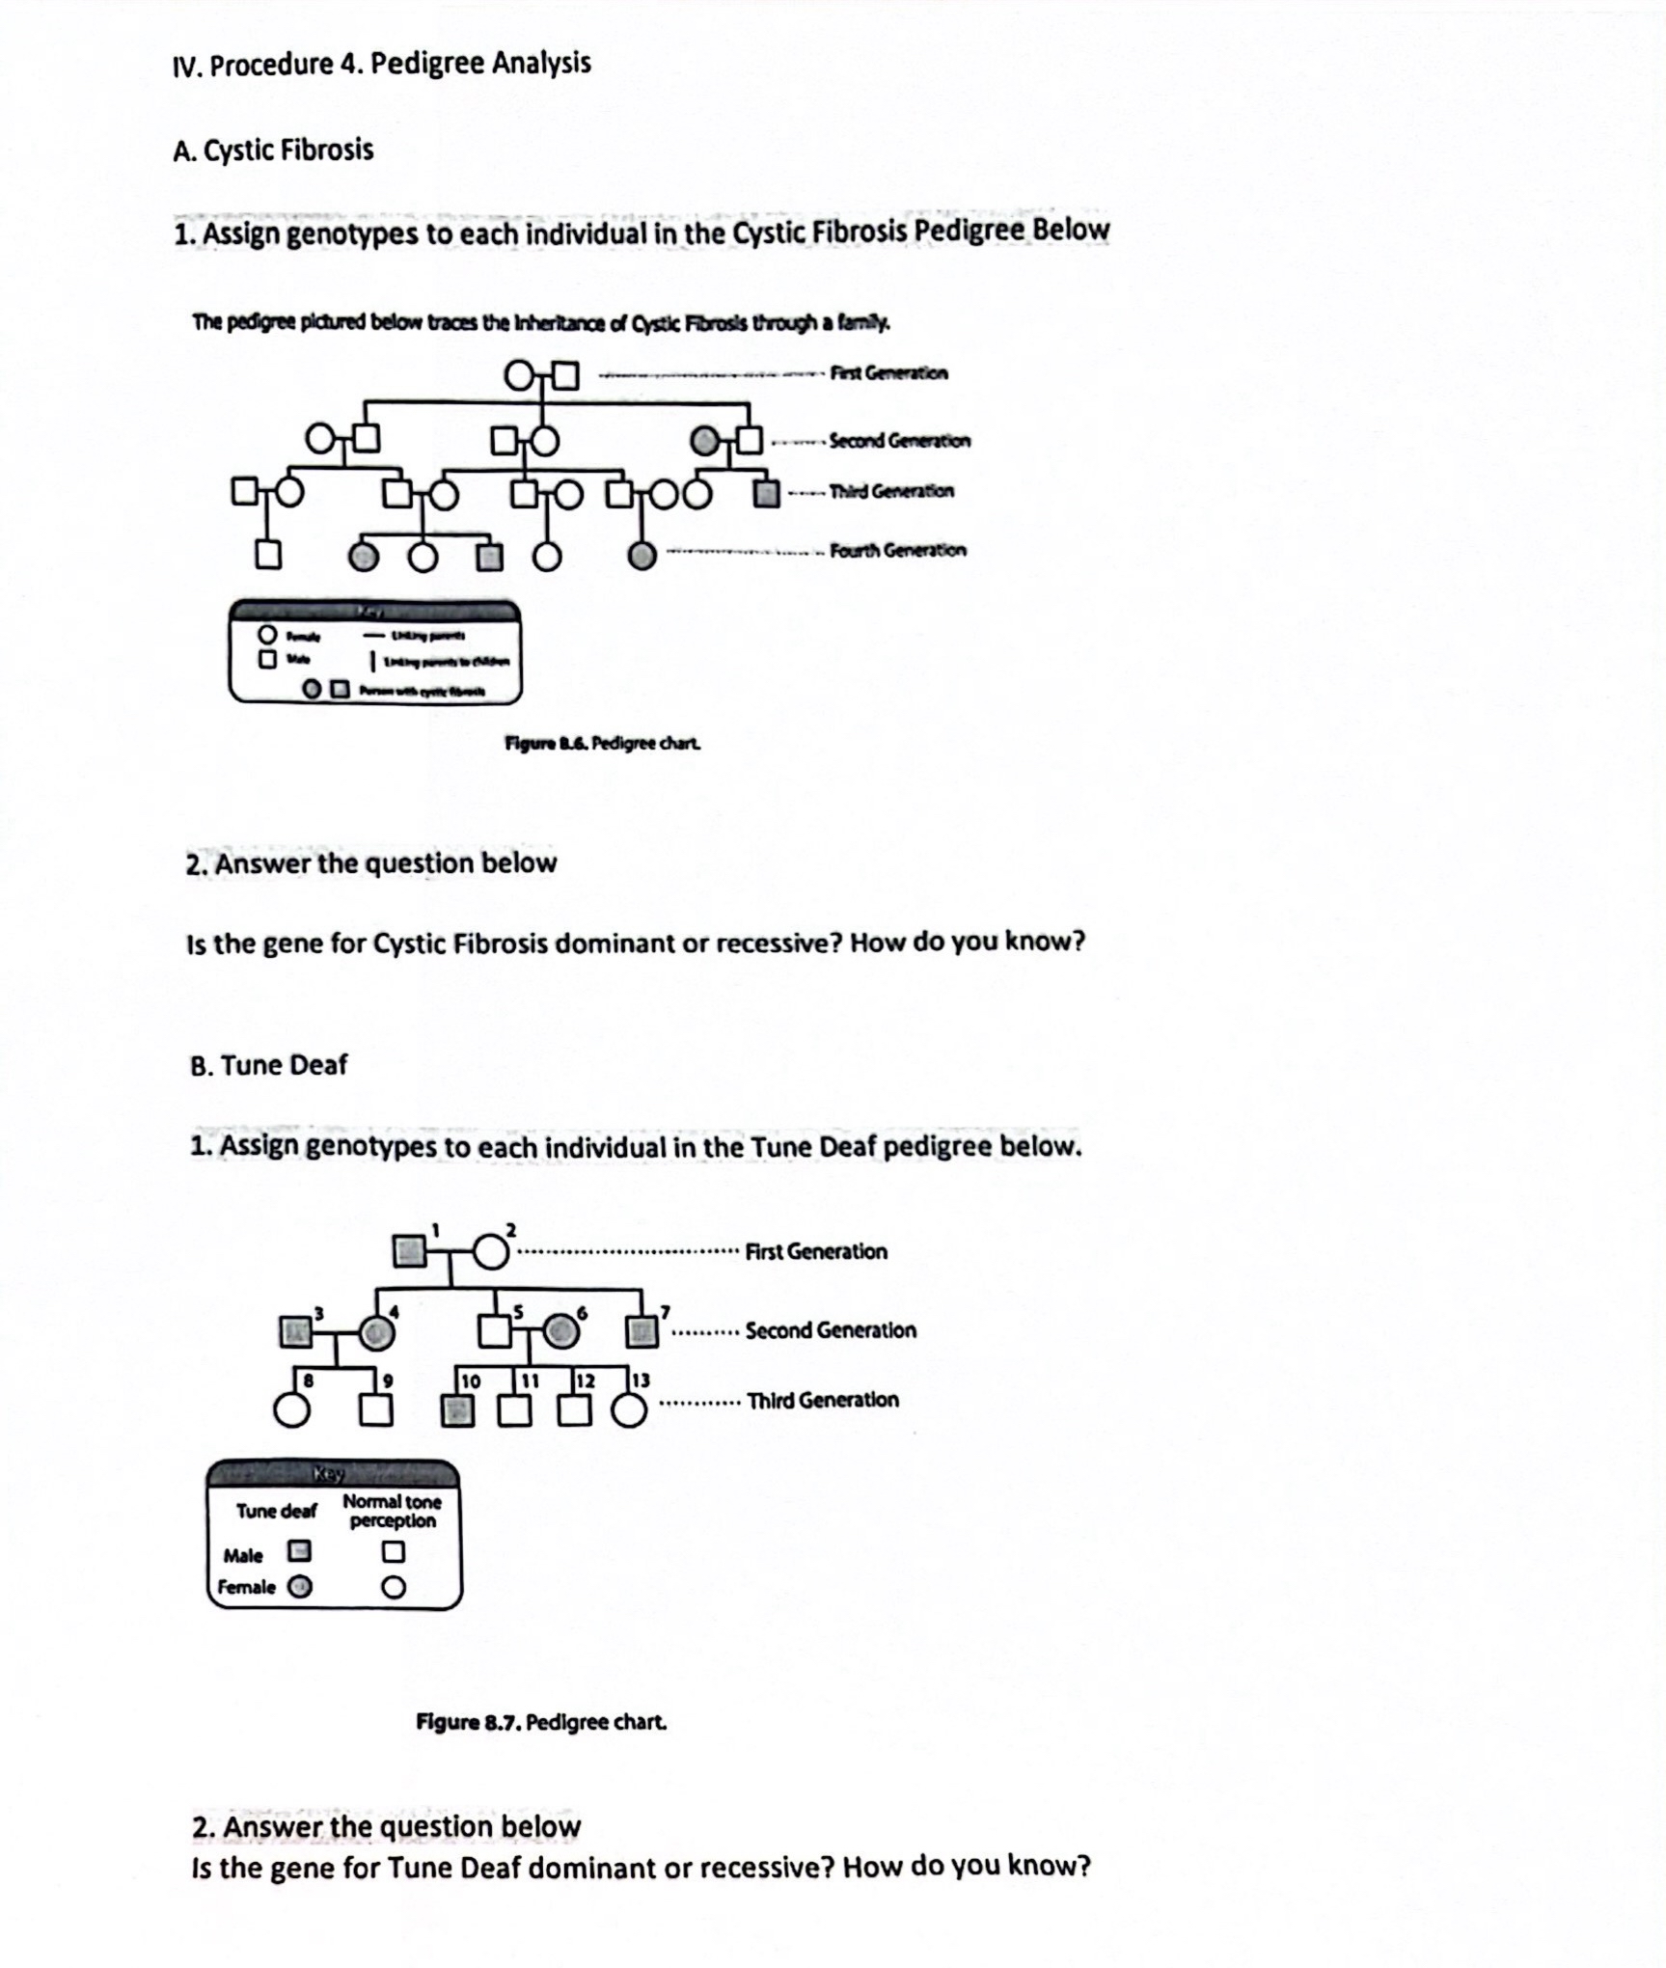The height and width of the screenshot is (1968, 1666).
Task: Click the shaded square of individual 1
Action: click(x=409, y=1251)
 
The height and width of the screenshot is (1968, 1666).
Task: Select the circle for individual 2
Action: click(x=491, y=1251)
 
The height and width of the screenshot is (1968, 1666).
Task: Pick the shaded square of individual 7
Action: click(x=642, y=1331)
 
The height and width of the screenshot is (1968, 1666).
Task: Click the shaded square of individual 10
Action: click(x=457, y=1411)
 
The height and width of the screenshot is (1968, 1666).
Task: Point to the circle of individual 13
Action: click(x=630, y=1411)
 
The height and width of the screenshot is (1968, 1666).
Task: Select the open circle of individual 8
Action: click(x=291, y=1411)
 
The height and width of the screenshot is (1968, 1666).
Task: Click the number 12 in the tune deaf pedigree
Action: click(x=586, y=1380)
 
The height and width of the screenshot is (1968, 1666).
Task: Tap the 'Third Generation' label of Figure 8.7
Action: click(x=822, y=1400)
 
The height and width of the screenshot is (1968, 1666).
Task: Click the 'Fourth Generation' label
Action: click(x=897, y=551)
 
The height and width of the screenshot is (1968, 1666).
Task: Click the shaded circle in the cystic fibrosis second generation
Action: click(x=706, y=442)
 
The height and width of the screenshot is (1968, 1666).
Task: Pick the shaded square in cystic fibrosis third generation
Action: click(x=766, y=495)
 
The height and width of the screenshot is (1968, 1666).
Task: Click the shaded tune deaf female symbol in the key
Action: click(x=300, y=1587)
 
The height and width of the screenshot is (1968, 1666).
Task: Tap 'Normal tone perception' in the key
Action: click(x=392, y=1511)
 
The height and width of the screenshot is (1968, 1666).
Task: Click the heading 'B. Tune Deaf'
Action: click(x=268, y=1065)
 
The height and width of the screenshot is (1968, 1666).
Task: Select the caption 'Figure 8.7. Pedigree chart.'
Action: click(x=541, y=1722)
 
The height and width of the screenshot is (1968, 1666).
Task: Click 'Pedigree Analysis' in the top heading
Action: click(x=480, y=64)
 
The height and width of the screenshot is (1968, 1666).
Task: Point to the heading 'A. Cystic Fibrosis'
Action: click(x=273, y=150)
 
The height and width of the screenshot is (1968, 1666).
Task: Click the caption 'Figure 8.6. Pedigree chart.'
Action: click(x=603, y=744)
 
